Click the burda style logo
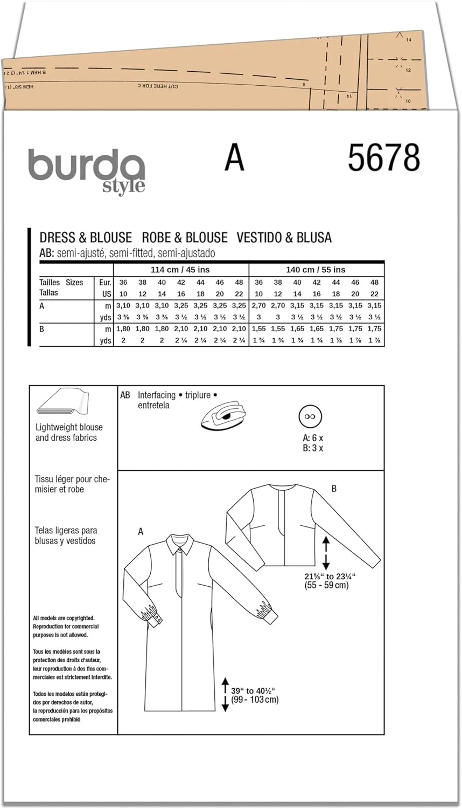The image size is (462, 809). [x=86, y=170]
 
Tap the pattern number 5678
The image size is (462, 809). [x=383, y=158]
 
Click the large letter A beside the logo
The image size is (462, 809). [x=234, y=158]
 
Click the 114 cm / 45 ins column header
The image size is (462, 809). [x=181, y=270]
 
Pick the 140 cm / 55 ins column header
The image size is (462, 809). [x=316, y=270]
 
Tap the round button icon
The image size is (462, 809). [x=310, y=417]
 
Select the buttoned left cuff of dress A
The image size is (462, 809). [x=153, y=615]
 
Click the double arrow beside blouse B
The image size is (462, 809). [x=325, y=552]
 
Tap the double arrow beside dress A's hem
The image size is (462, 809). [x=225, y=695]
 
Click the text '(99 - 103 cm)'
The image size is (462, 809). [x=255, y=700]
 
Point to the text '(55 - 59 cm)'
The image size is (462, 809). [x=326, y=585]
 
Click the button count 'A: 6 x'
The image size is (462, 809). [x=313, y=438]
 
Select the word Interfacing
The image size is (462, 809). [x=157, y=395]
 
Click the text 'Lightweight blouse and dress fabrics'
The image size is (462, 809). [x=68, y=433]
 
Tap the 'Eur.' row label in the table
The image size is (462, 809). [x=105, y=282]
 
